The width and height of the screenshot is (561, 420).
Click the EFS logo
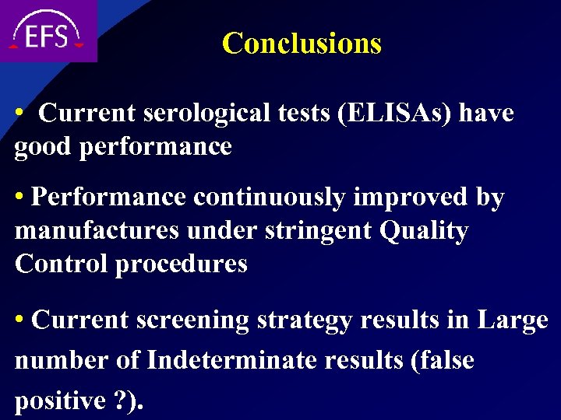pos(48,33)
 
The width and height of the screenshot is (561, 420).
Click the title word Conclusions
pos(302,44)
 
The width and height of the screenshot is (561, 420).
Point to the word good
pos(44,147)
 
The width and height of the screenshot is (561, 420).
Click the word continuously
pos(269,198)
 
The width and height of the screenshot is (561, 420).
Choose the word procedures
pos(182,265)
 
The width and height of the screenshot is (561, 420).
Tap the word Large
pos(513,320)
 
